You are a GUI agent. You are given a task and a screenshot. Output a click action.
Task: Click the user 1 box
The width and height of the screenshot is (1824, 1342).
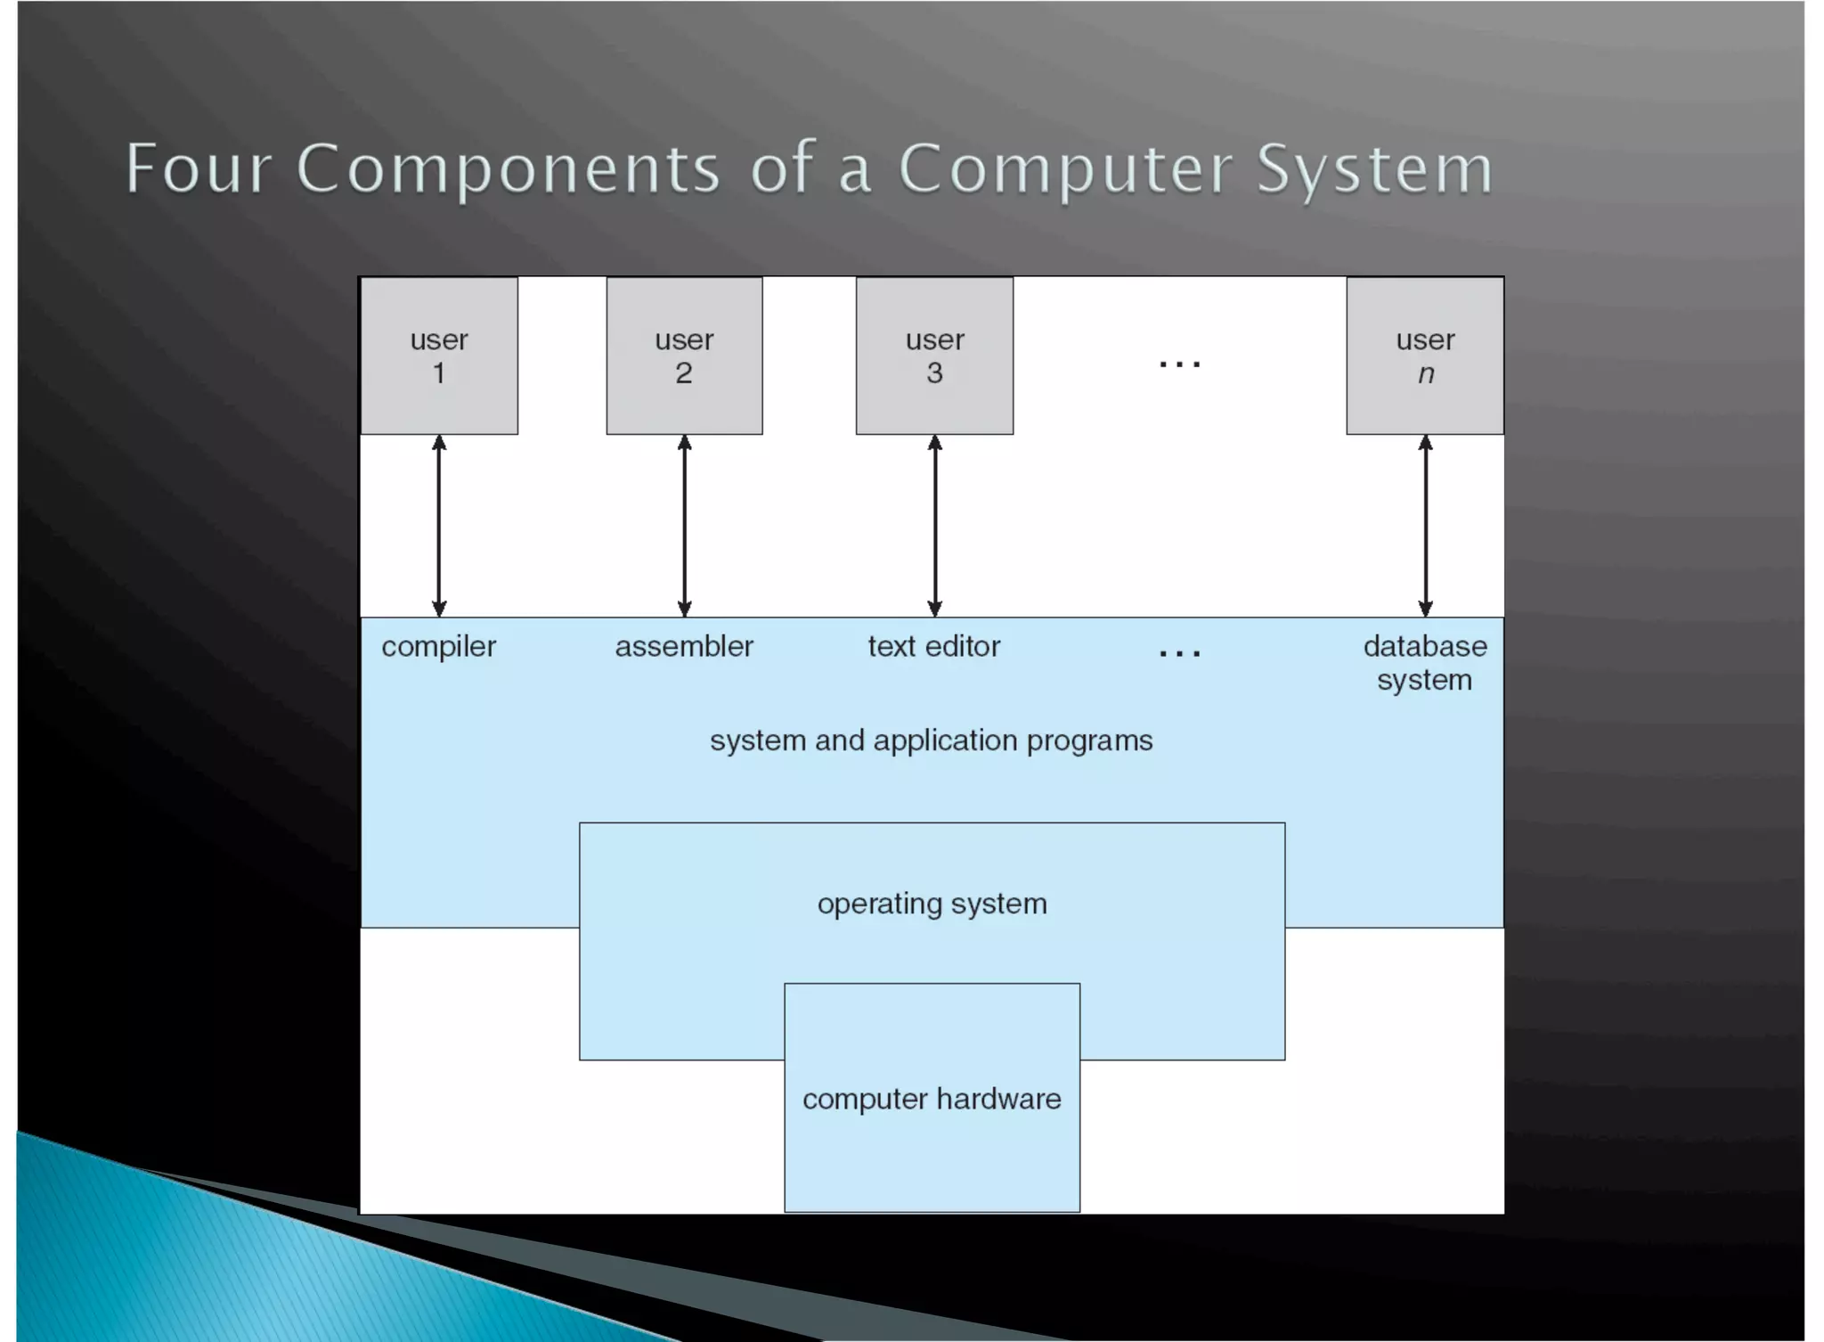(x=439, y=356)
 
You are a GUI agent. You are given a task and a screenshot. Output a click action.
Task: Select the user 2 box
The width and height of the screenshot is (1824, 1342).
(x=684, y=356)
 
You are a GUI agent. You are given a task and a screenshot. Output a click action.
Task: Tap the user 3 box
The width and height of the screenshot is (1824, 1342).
(x=934, y=356)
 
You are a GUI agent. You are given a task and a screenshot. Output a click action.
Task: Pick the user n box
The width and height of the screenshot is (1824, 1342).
(x=1425, y=356)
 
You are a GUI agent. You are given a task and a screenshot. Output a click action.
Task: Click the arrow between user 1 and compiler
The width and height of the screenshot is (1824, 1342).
(x=439, y=526)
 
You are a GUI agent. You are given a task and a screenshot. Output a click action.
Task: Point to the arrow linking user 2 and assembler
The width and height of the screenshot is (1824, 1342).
(x=684, y=526)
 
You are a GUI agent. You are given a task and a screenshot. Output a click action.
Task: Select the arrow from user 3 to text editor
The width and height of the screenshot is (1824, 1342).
(x=934, y=526)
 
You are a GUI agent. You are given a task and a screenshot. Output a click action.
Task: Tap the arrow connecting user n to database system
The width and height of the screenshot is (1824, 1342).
(x=1425, y=526)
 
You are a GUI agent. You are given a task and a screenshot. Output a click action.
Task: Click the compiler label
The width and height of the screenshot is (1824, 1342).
(x=438, y=647)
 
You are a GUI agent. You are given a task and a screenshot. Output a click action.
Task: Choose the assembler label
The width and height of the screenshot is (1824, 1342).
(x=684, y=646)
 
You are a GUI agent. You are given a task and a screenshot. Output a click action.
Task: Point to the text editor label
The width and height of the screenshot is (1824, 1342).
(x=933, y=646)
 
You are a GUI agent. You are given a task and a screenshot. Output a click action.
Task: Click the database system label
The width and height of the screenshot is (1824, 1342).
(x=1425, y=662)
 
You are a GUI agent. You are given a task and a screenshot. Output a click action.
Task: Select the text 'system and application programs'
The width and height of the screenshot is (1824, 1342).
(x=931, y=741)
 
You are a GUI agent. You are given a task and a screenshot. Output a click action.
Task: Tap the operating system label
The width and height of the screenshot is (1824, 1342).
(x=932, y=904)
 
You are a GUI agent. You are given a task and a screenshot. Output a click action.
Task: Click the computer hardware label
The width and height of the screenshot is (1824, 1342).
(x=932, y=1099)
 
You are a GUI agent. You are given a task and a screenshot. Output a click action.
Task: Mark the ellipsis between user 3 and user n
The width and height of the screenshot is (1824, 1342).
(x=1179, y=364)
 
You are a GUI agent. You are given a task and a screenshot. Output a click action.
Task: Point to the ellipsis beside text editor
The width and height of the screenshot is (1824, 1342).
(x=1179, y=653)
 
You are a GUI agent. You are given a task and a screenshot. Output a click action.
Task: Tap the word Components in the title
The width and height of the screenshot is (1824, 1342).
(x=508, y=168)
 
